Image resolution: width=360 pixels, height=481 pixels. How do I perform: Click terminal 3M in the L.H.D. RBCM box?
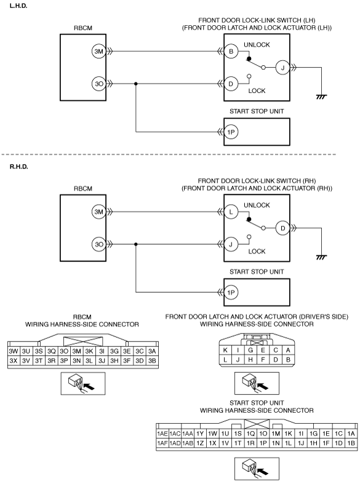pos(98,51)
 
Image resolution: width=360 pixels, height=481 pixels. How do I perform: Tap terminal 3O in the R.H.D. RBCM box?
pos(98,244)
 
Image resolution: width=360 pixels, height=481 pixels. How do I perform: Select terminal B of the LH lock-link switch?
pos(231,51)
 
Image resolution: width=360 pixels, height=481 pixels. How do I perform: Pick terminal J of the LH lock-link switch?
pos(282,68)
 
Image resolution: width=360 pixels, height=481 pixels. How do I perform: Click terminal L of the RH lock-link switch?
pos(231,212)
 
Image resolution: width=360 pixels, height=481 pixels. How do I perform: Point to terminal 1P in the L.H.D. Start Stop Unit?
pos(231,132)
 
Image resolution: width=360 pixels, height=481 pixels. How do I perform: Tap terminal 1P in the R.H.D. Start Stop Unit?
pos(231,292)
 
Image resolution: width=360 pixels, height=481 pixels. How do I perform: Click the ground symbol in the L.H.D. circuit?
pos(321,97)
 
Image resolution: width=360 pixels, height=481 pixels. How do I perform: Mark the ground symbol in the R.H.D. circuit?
pos(321,257)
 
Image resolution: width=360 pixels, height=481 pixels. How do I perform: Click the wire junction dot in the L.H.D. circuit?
pos(136,84)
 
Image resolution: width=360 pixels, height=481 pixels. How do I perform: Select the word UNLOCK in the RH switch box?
pos(257,205)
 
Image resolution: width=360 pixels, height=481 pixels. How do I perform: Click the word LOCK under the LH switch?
pos(257,91)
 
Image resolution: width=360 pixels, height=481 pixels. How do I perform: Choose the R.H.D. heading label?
pos(18,167)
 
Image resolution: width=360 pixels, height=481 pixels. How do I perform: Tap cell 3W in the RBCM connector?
pos(14,351)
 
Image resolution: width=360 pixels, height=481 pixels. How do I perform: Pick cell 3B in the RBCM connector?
pos(152,360)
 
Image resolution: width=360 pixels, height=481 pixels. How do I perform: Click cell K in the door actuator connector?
pos(225,350)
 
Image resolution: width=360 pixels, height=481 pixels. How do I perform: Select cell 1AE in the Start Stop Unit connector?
pos(162,434)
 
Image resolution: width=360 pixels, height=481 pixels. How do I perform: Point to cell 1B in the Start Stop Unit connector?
pos(351,443)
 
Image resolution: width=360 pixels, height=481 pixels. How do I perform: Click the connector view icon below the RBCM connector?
pos(83,383)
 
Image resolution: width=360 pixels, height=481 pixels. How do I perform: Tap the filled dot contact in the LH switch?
pos(249,58)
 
